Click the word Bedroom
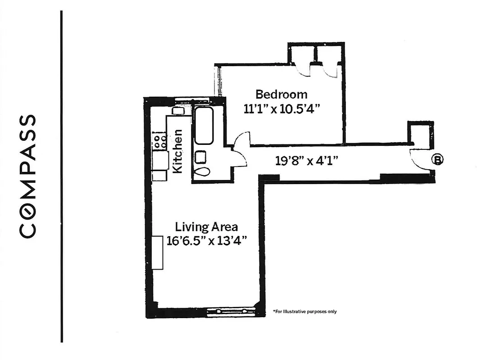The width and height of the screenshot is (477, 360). click(x=282, y=94)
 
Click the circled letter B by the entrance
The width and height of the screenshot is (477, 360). click(x=437, y=159)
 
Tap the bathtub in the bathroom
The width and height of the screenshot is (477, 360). click(x=204, y=126)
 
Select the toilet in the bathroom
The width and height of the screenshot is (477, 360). click(x=202, y=171)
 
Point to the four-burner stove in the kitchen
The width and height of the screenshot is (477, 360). click(x=159, y=141)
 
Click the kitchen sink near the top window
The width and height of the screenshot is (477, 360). click(x=177, y=111)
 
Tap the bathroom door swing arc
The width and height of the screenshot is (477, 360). click(x=239, y=158)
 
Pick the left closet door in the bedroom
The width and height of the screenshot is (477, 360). click(x=304, y=70)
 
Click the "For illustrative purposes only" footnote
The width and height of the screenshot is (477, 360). click(x=304, y=311)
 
